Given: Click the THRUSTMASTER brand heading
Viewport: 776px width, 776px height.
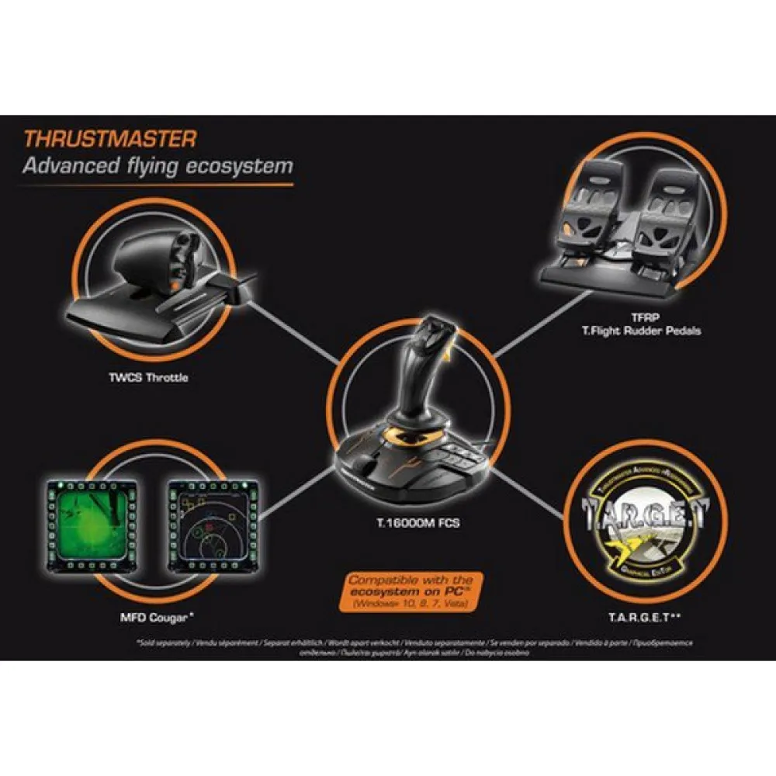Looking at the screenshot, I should click(109, 139).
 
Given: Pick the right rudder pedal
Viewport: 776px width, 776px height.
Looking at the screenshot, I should click(670, 217).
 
